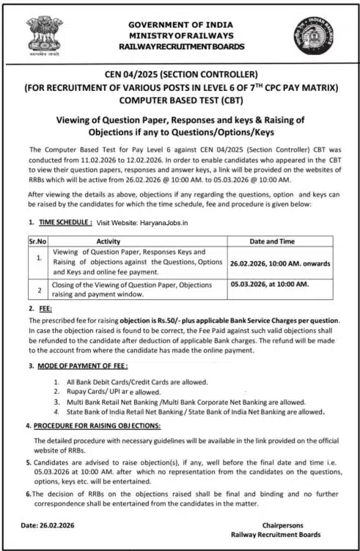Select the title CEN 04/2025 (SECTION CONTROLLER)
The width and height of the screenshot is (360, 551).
180,74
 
